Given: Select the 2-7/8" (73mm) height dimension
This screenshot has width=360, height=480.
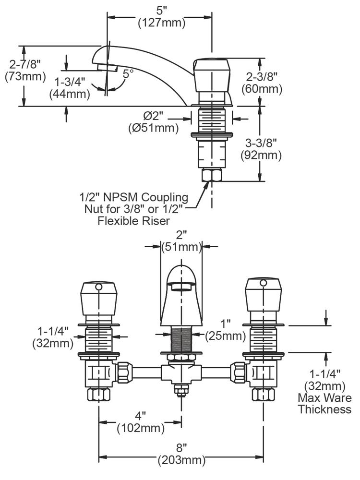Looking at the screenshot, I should tap(24, 70).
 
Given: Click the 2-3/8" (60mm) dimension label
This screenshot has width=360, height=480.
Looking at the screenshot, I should tap(262, 82).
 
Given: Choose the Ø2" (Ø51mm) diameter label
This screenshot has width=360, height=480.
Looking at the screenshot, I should tap(154, 122).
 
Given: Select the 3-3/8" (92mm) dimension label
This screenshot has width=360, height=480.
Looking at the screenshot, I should tap(262, 149).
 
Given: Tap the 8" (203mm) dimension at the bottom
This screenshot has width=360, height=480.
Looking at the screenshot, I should tap(181, 455).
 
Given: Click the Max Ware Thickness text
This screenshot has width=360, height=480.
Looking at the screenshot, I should tap(324, 403).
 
